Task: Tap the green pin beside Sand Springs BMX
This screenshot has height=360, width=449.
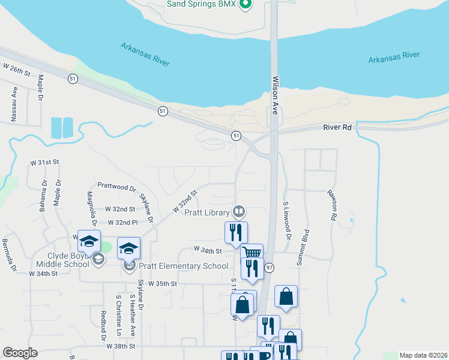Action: click(x=244, y=5)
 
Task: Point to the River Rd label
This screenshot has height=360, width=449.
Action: click(x=336, y=127)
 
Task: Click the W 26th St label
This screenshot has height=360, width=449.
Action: click(x=16, y=70)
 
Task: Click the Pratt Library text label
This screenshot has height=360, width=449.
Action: click(x=207, y=212)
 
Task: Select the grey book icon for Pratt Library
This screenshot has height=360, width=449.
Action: click(x=239, y=211)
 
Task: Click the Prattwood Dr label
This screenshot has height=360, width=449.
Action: click(x=116, y=187)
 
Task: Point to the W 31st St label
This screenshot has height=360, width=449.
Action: click(x=46, y=163)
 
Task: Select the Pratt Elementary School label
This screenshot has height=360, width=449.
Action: click(x=183, y=266)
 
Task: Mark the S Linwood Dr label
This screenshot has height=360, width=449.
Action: click(x=287, y=220)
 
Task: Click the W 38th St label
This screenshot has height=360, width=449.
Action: click(x=122, y=346)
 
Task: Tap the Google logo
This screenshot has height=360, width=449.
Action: click(x=20, y=353)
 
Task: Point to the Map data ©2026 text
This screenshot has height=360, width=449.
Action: click(x=422, y=355)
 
